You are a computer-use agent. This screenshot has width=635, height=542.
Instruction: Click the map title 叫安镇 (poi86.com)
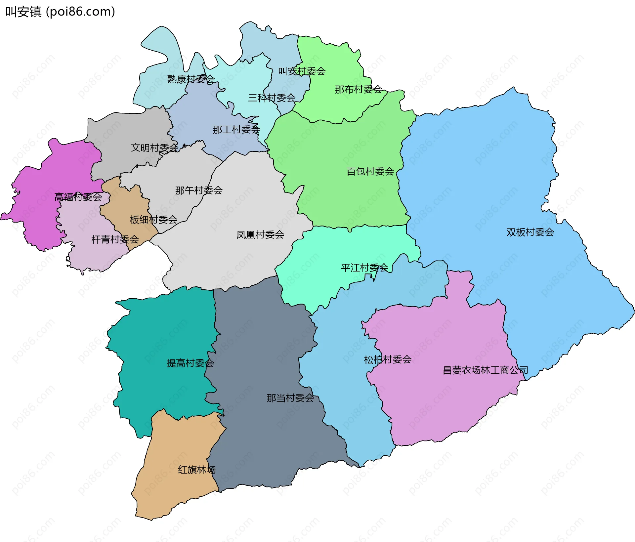(60, 12)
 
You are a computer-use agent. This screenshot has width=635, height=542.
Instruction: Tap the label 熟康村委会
(191, 79)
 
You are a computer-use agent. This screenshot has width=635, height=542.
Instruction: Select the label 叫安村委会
(302, 71)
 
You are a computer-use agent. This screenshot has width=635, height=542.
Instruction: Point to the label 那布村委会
(359, 89)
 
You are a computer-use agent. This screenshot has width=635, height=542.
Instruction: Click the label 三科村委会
(272, 98)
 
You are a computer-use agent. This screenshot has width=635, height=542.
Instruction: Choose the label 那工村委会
(236, 129)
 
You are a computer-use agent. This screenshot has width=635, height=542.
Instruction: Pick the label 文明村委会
(154, 147)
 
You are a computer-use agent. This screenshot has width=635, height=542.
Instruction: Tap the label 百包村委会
(370, 171)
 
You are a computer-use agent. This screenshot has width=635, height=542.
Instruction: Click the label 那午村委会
(199, 190)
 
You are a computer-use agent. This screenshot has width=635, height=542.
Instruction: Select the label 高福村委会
(78, 197)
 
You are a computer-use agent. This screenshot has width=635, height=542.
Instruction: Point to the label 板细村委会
(153, 220)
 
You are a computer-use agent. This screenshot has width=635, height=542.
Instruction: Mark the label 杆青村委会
(115, 239)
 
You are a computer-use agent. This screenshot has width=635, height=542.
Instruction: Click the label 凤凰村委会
(260, 235)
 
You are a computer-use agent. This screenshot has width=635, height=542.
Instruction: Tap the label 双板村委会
(530, 232)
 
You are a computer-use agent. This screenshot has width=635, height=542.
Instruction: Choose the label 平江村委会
(364, 268)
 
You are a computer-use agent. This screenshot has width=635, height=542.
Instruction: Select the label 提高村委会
(190, 363)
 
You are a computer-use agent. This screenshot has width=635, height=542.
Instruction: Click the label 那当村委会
(290, 398)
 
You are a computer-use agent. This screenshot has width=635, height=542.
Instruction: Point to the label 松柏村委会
(388, 359)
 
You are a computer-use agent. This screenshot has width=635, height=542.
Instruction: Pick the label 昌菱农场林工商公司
(485, 370)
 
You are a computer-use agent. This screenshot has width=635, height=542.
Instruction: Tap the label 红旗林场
(197, 470)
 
